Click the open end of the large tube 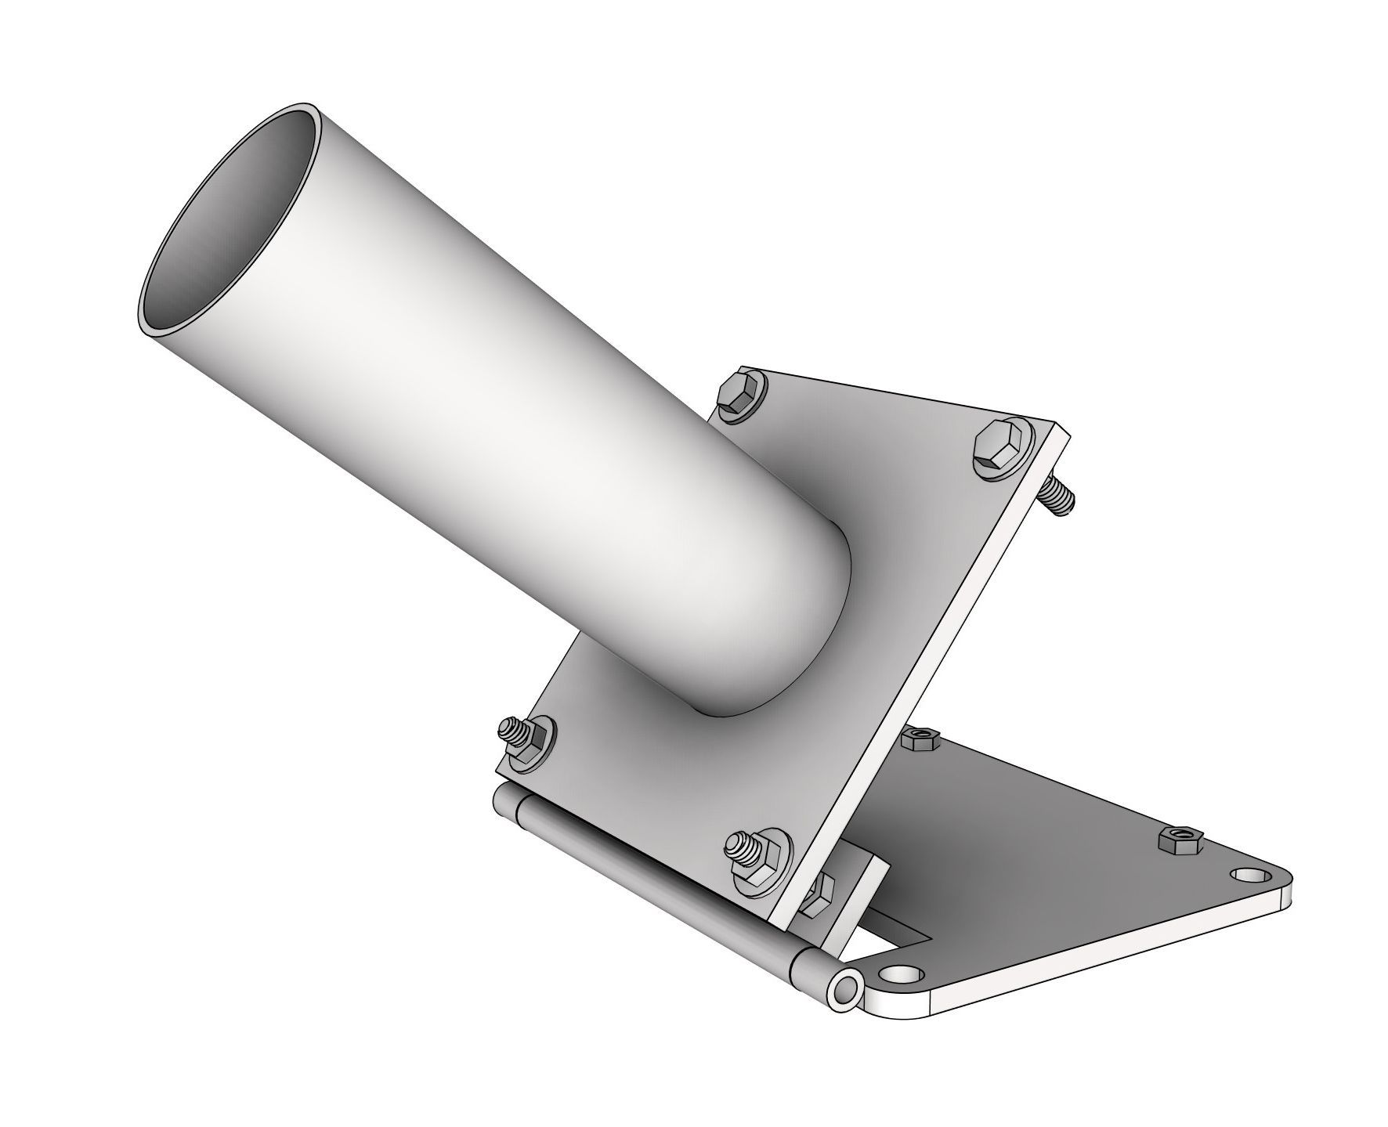[227, 227]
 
